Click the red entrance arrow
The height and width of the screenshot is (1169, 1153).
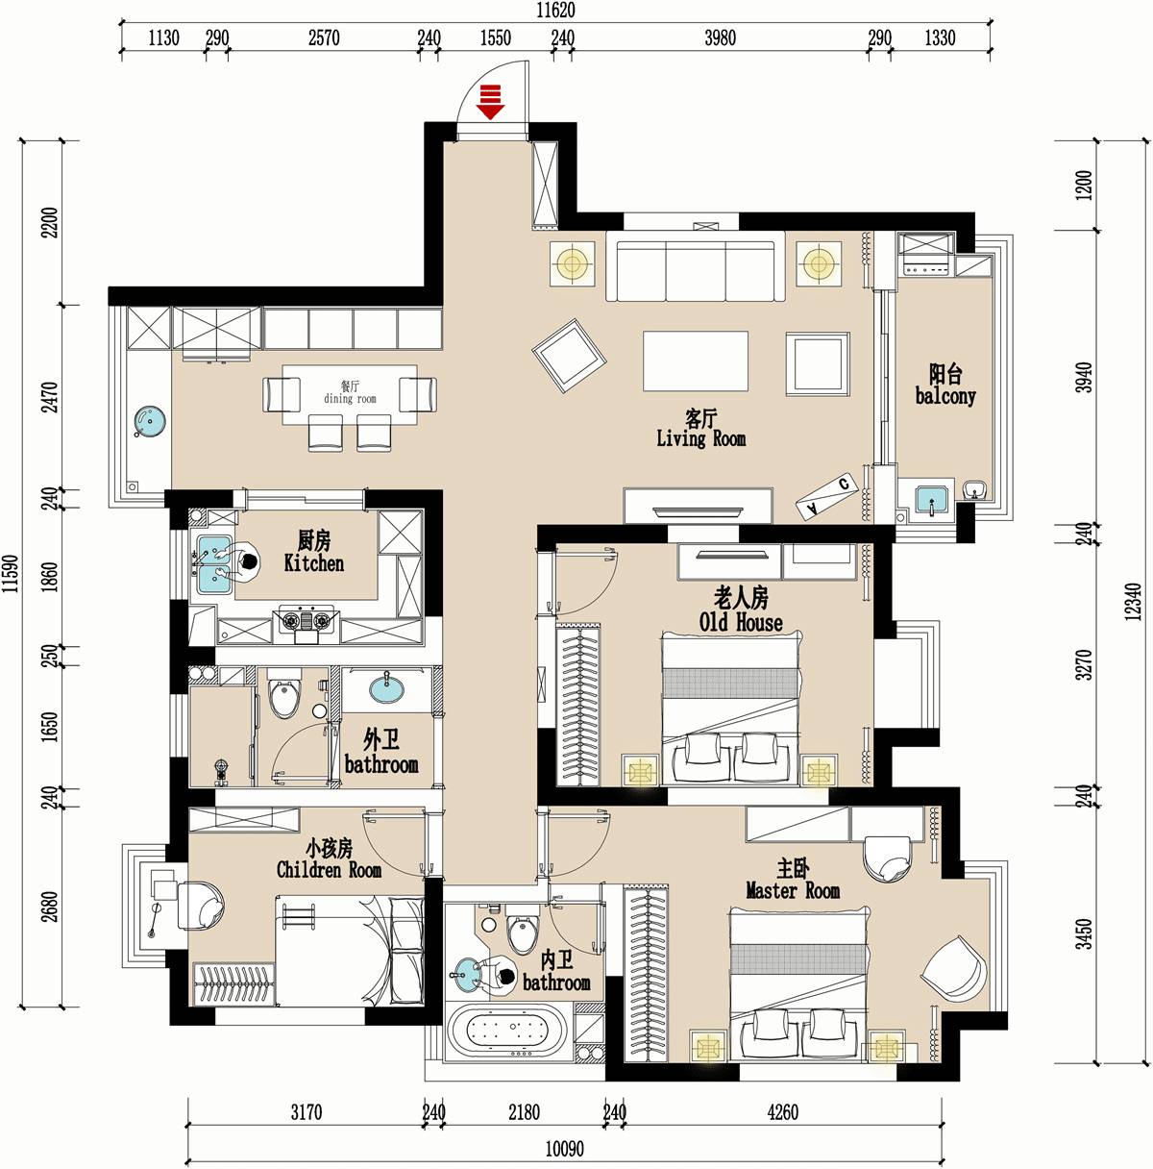[490, 101]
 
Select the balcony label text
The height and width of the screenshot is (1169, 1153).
[944, 396]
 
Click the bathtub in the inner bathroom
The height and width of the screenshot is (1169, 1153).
[507, 1031]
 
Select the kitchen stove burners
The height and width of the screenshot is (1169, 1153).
[307, 620]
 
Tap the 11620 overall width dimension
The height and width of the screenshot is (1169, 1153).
[555, 11]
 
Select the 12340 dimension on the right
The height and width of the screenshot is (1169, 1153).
[1133, 601]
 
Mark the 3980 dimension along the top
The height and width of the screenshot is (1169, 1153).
[720, 38]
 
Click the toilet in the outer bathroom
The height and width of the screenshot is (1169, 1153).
[284, 694]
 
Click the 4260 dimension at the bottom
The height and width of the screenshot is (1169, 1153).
[782, 1112]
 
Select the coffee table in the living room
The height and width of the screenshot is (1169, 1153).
[696, 361]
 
